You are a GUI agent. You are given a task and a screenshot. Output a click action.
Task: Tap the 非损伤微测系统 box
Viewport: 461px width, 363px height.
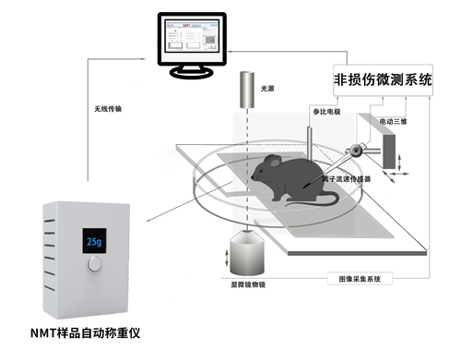tap(383, 79)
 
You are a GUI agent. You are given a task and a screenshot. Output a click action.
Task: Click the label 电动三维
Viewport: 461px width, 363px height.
tap(394, 119)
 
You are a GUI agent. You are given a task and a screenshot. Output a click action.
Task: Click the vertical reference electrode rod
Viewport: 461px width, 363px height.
tap(312, 139)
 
